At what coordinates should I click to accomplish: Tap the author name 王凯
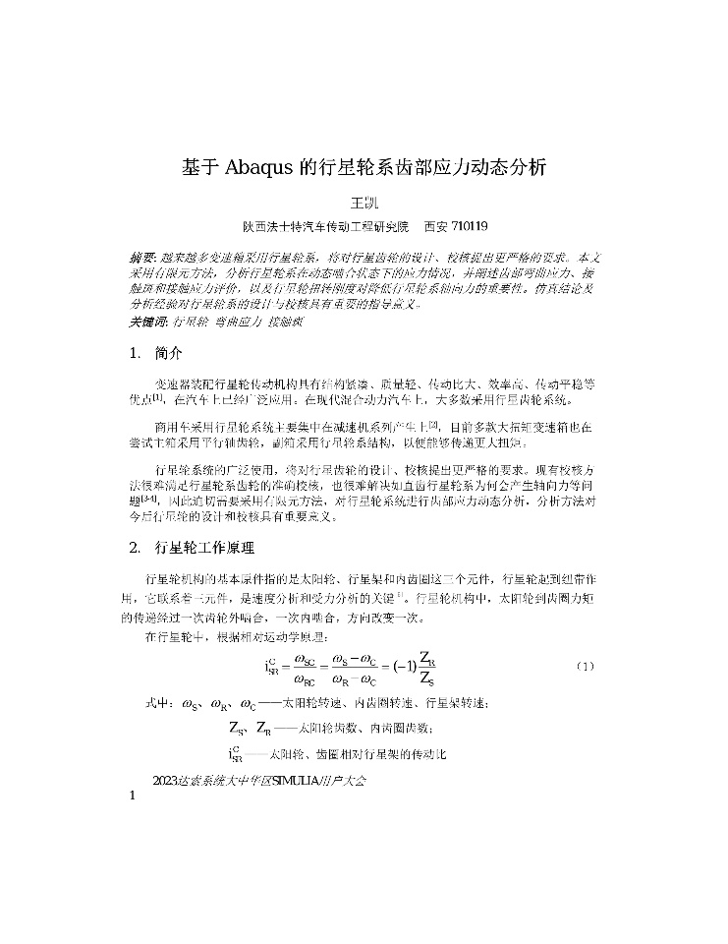[x=364, y=202]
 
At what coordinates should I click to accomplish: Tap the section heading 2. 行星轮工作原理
[x=192, y=547]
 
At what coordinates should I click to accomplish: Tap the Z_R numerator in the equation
[x=428, y=657]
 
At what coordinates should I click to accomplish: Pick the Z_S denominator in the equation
[x=428, y=679]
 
